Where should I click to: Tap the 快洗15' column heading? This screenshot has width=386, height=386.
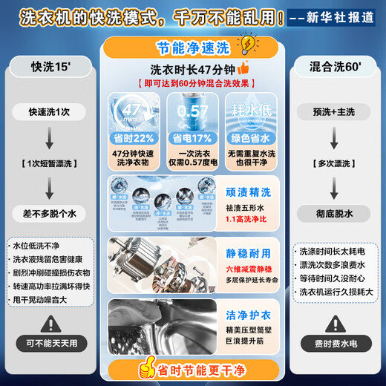pyautogui.click(x=48, y=67)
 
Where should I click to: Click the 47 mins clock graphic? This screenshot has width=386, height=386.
pyautogui.click(x=132, y=113)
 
